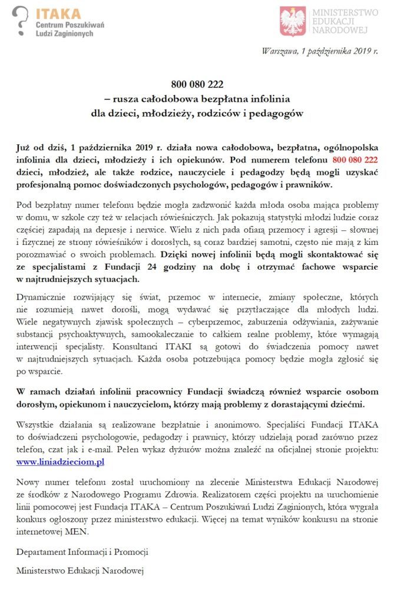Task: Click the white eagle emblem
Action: tap(293, 21)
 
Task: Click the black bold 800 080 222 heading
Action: tap(197, 84)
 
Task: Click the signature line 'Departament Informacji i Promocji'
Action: tap(82, 552)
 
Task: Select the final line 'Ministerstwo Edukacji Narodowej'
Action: tap(80, 570)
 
